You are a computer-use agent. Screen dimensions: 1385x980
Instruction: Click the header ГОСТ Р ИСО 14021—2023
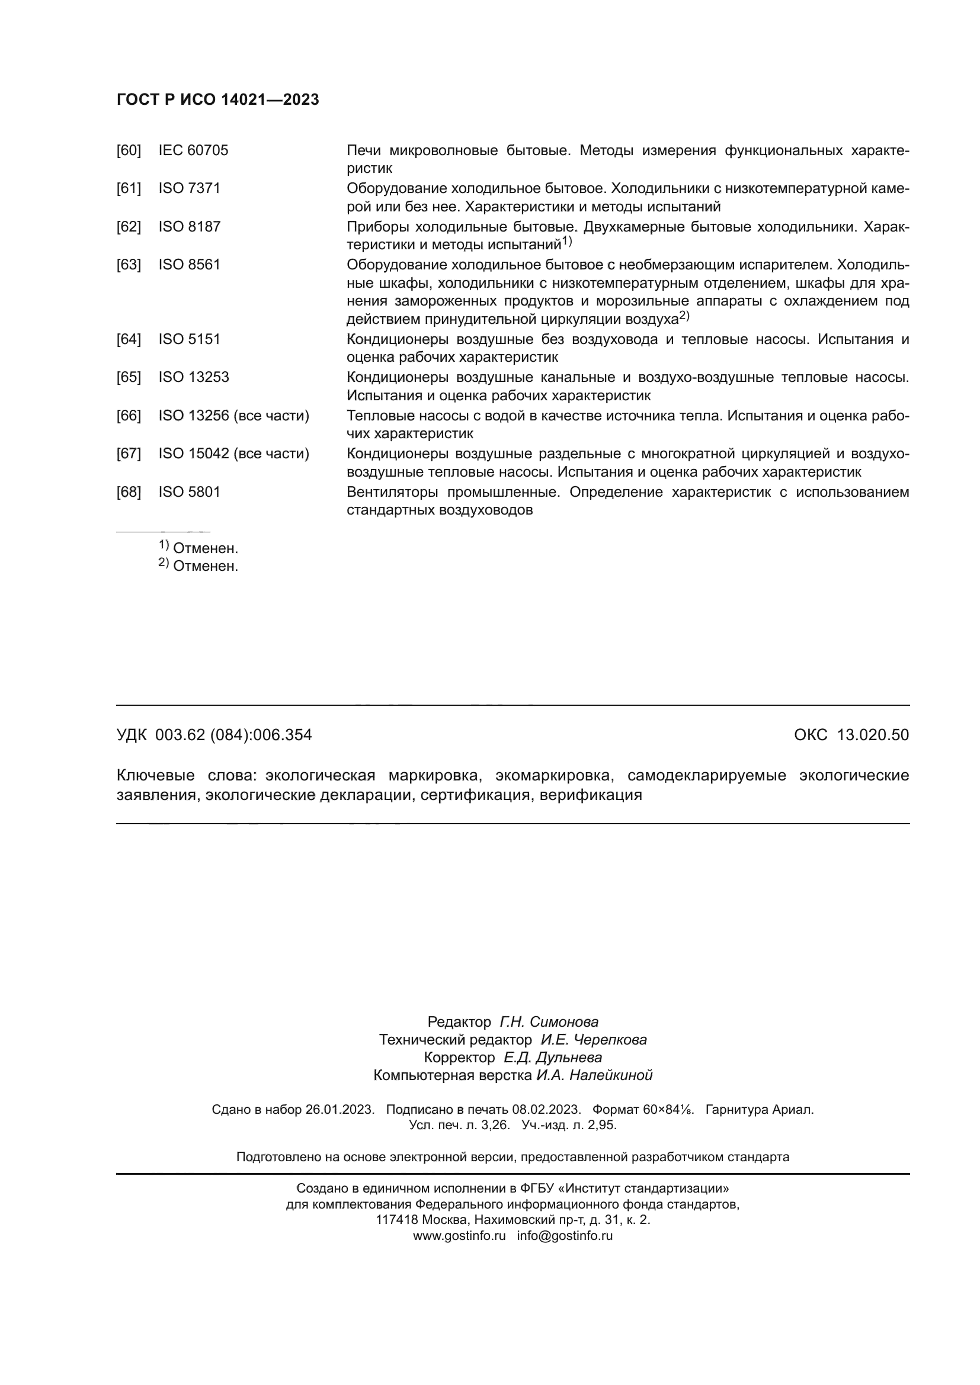217,100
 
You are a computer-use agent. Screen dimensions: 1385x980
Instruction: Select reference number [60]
129,151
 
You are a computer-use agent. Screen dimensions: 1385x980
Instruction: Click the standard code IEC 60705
193,151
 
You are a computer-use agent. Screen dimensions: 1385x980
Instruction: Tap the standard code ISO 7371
189,189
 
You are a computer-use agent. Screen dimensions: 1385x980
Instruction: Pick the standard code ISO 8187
189,227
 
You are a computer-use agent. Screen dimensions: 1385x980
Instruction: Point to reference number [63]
129,265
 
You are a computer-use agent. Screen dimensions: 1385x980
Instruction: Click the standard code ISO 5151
189,339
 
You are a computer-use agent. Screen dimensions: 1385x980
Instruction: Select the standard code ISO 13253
193,377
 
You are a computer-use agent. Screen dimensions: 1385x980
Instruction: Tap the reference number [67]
129,454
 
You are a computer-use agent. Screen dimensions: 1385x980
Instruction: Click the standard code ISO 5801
189,492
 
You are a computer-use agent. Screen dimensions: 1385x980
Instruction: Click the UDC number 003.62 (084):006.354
233,735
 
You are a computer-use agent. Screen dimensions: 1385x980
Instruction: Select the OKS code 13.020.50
873,735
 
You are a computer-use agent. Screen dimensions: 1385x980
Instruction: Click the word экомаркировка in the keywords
554,775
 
